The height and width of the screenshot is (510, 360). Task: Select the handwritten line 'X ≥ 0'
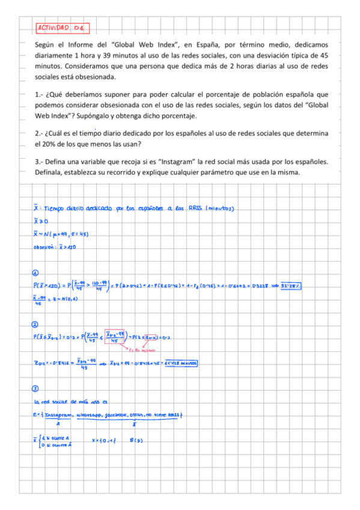click(41, 221)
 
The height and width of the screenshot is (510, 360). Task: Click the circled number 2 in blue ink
click(36, 325)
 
